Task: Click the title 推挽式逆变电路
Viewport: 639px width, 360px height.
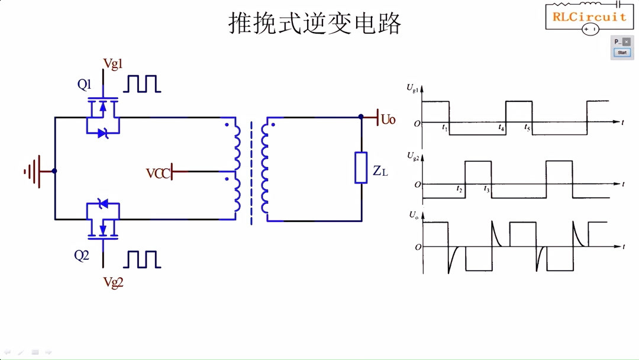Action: (x=315, y=24)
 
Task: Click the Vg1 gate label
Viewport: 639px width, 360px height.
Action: (x=113, y=64)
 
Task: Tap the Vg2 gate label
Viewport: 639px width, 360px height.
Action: (x=113, y=282)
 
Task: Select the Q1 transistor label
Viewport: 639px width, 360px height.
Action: (x=85, y=85)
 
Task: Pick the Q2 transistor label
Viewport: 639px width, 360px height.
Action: (x=82, y=256)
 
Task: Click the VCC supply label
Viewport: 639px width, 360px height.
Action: (x=158, y=173)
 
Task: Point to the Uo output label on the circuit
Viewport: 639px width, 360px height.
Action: (x=388, y=120)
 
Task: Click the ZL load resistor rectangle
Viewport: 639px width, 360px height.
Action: (x=361, y=168)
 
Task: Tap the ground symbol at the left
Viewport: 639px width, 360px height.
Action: (x=33, y=171)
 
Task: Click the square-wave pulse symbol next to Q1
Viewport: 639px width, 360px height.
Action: (x=142, y=84)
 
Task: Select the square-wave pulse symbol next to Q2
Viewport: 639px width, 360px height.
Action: (x=142, y=259)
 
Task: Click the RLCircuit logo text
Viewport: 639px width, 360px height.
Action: (x=589, y=17)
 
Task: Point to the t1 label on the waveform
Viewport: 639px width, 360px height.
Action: (x=445, y=127)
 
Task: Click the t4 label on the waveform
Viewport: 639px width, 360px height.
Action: (x=501, y=127)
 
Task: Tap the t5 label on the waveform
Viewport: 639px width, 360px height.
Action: (x=527, y=127)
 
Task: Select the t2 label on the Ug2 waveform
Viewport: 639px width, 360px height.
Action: (x=459, y=189)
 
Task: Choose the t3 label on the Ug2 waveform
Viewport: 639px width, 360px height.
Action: (x=486, y=189)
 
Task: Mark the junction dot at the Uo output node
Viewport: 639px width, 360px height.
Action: (x=361, y=117)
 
